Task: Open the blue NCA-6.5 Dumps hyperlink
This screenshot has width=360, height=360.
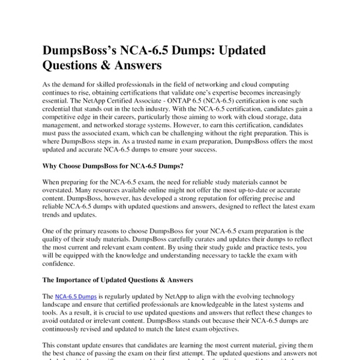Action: [76, 297]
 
